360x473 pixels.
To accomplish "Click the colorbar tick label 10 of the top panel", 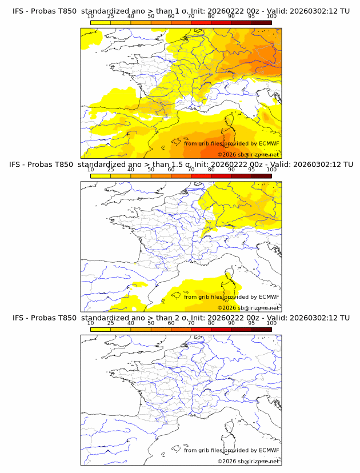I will (x=90, y=16).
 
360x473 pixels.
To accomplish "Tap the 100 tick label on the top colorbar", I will (x=271, y=16).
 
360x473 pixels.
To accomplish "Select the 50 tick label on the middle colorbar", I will (x=151, y=170).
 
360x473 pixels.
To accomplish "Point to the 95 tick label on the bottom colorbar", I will (x=251, y=323).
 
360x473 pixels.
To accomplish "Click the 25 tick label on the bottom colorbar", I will (x=110, y=323).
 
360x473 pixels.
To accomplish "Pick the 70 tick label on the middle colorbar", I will (x=191, y=170).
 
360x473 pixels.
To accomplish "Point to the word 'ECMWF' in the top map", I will (x=269, y=143).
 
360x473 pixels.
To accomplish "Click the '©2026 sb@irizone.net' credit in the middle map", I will (x=248, y=308).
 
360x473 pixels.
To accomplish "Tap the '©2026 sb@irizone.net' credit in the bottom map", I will (x=248, y=461).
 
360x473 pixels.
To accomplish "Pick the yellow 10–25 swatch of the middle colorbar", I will (x=101, y=175).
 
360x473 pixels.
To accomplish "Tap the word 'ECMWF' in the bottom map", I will (x=269, y=450).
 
